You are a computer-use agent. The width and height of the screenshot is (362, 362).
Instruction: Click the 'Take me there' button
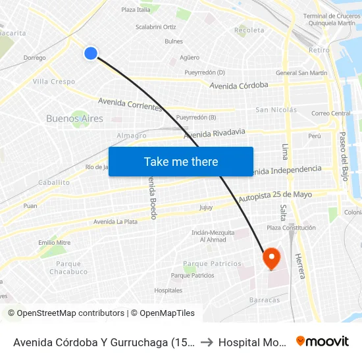(x=181, y=161)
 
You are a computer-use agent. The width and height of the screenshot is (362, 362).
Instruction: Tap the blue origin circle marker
(x=91, y=53)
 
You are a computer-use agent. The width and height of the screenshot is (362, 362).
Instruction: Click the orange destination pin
(x=271, y=258)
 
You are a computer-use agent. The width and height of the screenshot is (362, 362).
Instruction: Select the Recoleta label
(x=249, y=30)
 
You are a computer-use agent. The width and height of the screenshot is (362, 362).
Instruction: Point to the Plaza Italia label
(x=136, y=10)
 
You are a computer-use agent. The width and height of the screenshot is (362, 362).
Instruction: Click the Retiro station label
(x=319, y=50)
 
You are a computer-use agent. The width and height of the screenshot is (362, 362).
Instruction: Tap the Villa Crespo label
(x=54, y=82)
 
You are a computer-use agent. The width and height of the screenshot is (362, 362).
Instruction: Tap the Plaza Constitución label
(x=290, y=228)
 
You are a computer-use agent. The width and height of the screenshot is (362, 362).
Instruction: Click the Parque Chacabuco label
(x=68, y=268)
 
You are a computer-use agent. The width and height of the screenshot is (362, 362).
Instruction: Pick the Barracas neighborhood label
(x=264, y=300)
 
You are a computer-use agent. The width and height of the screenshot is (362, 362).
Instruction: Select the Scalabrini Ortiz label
(x=155, y=27)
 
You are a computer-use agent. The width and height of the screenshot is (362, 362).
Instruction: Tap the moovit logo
(x=323, y=341)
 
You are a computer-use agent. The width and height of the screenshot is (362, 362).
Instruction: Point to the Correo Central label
(x=331, y=113)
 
